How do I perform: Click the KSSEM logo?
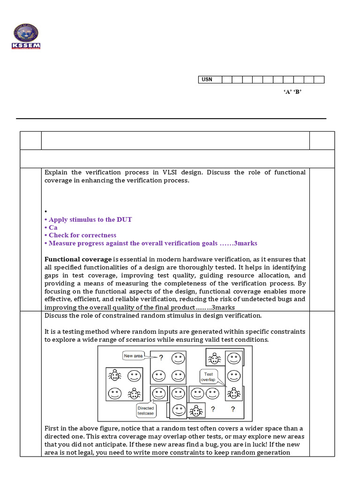point(26,36)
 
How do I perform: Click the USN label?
point(207,80)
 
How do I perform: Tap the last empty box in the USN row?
point(319,80)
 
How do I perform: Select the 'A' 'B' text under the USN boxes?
point(292,92)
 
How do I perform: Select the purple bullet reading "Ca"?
point(53,227)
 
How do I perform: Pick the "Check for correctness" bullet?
point(82,235)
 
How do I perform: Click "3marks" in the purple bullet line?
point(245,243)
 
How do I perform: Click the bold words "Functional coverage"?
point(78,259)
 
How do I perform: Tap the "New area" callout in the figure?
point(133,356)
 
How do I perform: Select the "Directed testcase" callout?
point(145,411)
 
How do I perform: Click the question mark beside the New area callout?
point(161,358)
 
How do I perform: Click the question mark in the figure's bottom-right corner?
point(233,409)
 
